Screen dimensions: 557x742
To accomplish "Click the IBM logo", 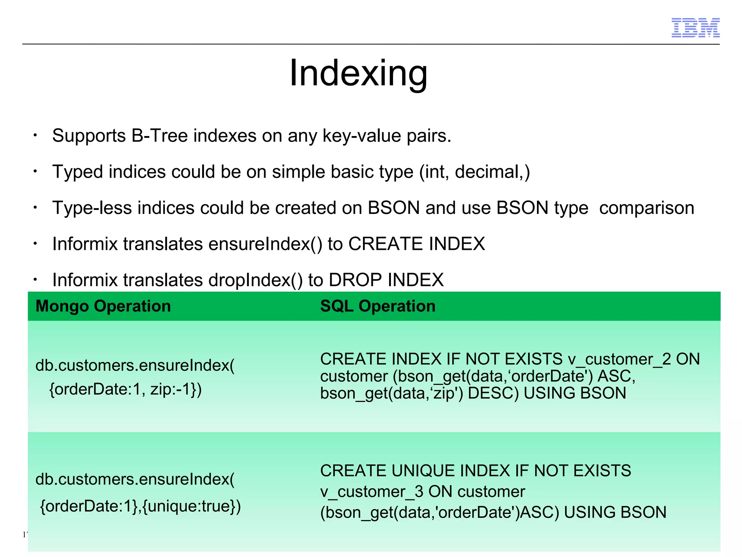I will tap(695, 28).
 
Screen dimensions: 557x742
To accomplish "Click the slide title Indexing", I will tap(358, 73).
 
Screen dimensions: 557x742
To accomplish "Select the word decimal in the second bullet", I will tap(487, 172).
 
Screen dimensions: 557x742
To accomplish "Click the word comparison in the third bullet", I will tap(646, 208).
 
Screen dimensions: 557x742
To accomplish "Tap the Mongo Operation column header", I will tap(103, 306).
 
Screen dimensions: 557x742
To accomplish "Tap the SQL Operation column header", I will tap(378, 306).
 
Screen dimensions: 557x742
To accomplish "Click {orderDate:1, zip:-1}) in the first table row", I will tap(125, 389).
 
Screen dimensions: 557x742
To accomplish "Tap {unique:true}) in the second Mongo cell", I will tap(191, 506).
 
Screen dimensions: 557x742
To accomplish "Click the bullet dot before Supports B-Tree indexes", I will tap(35, 136).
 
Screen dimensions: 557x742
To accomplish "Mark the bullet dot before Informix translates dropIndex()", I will tap(35, 280).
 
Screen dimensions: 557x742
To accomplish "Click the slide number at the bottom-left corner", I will tap(25, 535).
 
